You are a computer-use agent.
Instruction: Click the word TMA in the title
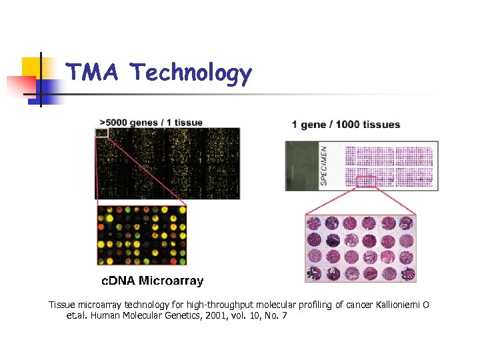pos(93,72)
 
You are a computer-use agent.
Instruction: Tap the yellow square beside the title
pos(33,67)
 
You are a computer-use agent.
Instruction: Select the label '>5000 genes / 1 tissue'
pos(151,123)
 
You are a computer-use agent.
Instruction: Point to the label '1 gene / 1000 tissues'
pos(346,125)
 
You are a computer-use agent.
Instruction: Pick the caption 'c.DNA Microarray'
pos(152,281)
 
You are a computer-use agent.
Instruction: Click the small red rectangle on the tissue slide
pos(366,181)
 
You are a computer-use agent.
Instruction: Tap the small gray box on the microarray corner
pos(101,133)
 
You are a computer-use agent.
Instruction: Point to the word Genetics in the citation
pos(157,315)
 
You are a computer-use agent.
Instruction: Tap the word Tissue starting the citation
pos(61,305)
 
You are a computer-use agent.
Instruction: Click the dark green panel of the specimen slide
pos(303,165)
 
